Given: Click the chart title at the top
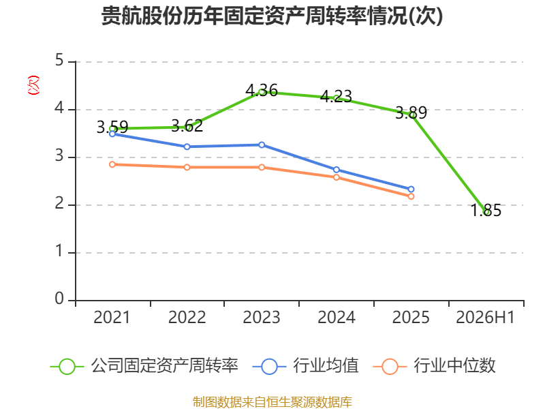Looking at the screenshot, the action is (272, 16).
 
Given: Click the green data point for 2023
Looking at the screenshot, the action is (262, 93).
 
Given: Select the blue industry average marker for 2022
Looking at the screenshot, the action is (187, 147).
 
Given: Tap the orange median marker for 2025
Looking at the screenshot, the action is (411, 196).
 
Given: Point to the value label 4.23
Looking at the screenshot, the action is (336, 96).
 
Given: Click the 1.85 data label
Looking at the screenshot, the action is (486, 211).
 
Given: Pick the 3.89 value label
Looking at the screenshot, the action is (411, 112).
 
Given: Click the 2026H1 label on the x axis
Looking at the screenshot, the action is (485, 318).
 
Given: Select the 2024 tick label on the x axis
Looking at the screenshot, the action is (336, 318).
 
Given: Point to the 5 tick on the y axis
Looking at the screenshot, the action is (59, 61).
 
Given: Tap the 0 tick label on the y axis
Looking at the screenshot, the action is (59, 299).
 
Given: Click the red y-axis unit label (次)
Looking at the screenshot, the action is (33, 85).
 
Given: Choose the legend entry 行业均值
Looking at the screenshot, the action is (306, 366).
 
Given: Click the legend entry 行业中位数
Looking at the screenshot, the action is (435, 366).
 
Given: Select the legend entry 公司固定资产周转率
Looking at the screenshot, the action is (144, 366).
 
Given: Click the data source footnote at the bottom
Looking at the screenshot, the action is (272, 402).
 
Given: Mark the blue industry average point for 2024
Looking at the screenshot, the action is (336, 170).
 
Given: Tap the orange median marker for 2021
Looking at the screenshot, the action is (112, 164).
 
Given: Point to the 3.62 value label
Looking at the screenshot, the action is (187, 125).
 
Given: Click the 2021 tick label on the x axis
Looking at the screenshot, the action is (112, 318).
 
